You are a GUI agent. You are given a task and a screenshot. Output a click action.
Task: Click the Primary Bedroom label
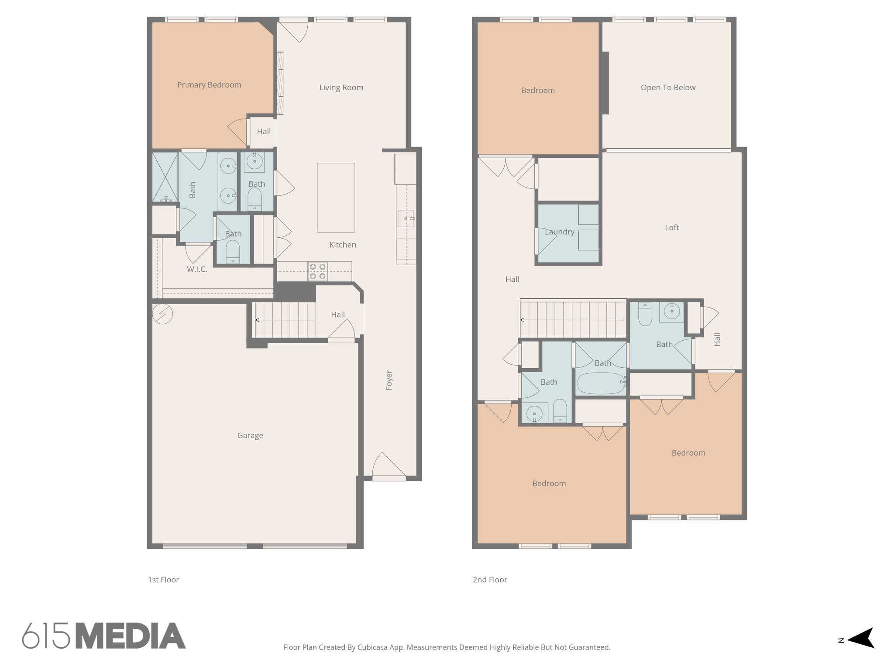click(x=209, y=85)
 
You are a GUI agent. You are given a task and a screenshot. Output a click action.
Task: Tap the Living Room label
click(x=341, y=88)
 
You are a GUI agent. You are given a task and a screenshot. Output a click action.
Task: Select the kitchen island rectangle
click(x=336, y=198)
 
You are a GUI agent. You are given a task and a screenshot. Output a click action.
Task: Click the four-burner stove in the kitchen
click(x=317, y=271)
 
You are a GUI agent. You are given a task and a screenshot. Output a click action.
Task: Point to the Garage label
click(x=250, y=435)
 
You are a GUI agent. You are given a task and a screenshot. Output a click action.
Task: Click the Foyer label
click(x=389, y=380)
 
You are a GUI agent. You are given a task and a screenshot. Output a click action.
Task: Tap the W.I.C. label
click(x=197, y=270)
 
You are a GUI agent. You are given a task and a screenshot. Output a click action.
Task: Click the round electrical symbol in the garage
click(x=162, y=314)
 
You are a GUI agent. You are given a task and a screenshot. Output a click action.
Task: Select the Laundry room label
click(x=559, y=232)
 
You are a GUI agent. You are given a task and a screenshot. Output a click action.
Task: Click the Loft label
click(x=671, y=228)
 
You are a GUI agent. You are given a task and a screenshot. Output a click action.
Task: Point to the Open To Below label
click(x=668, y=88)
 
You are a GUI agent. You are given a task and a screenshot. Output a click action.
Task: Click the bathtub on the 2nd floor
click(x=601, y=383)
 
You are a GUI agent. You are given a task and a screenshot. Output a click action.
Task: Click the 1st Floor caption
click(x=163, y=580)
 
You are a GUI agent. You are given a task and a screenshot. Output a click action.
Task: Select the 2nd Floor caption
click(x=490, y=580)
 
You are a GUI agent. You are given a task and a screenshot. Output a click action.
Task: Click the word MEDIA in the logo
click(x=131, y=636)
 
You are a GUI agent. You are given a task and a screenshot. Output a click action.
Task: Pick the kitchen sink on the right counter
click(x=406, y=218)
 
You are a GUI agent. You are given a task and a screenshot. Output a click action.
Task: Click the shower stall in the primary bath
click(x=165, y=177)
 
